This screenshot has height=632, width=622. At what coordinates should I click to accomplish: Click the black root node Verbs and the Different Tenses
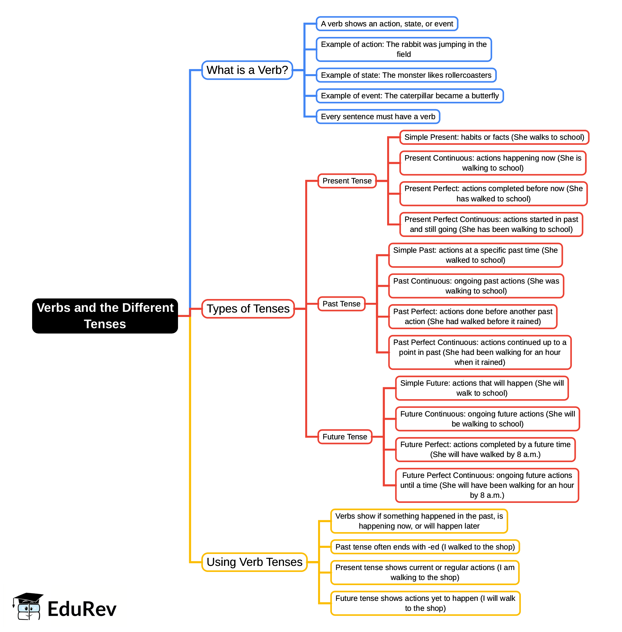[105, 316]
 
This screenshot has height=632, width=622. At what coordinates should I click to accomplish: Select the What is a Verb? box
[247, 70]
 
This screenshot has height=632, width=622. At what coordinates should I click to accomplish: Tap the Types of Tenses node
[248, 309]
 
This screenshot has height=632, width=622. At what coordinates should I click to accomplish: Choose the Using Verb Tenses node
[254, 562]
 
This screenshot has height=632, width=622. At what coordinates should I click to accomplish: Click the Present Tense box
[347, 181]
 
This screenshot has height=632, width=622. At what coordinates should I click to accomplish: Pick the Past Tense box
[342, 304]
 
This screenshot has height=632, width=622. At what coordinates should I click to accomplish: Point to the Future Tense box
[345, 437]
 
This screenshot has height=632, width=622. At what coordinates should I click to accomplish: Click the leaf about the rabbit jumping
[404, 49]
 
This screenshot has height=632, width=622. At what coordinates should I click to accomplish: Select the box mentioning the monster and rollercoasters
[406, 75]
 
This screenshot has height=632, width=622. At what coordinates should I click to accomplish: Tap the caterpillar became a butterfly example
[410, 96]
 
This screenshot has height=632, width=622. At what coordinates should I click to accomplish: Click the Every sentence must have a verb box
[378, 117]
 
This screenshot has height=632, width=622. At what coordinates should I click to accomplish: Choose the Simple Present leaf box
[494, 137]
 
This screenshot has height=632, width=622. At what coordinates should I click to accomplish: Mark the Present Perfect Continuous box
[491, 224]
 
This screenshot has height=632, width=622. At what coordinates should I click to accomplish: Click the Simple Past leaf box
[475, 255]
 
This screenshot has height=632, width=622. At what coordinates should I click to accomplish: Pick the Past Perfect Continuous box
[480, 352]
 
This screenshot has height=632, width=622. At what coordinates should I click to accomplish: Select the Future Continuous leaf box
[487, 419]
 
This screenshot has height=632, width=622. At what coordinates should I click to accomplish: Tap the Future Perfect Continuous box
[487, 485]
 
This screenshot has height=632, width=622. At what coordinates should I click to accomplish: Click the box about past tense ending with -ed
[425, 547]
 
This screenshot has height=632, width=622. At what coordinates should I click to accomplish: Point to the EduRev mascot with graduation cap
[28, 606]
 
